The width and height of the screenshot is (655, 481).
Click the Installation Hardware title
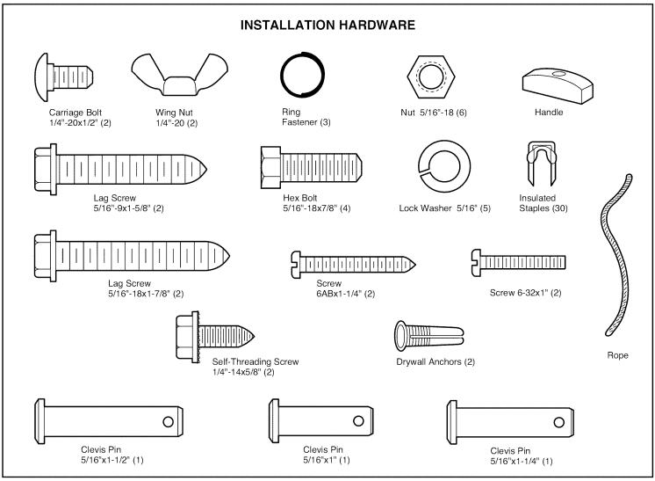tap(327, 26)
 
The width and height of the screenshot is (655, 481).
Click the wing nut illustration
tap(174, 77)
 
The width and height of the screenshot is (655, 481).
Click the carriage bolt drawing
tap(61, 77)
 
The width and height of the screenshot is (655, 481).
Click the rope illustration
tap(618, 255)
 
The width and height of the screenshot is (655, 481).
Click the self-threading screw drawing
tap(215, 335)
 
